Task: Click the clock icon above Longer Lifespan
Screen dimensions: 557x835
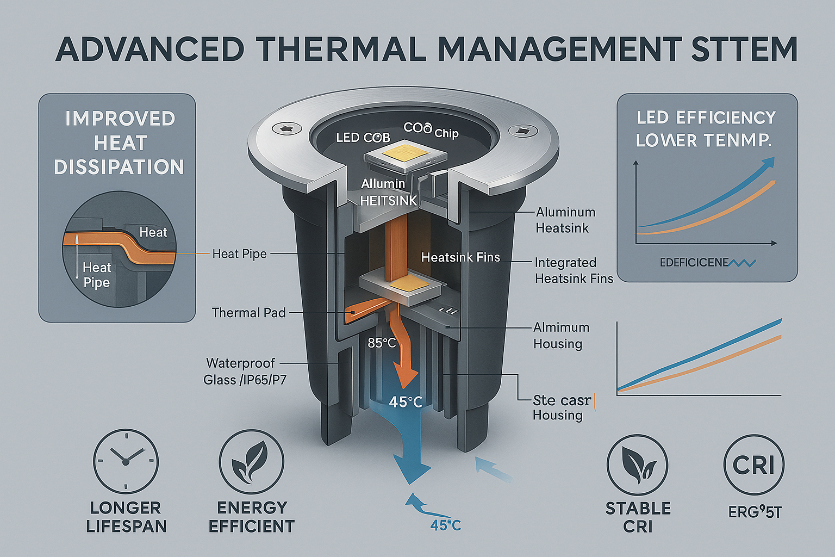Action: [126, 461]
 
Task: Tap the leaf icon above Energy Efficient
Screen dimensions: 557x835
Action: [251, 462]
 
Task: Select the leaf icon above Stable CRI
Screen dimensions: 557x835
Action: [638, 465]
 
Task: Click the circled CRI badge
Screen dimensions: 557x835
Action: [753, 465]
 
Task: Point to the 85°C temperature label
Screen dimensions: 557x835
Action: [382, 343]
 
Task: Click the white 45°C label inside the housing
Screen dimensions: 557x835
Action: [406, 402]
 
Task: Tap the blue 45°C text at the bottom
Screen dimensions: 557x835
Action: [445, 525]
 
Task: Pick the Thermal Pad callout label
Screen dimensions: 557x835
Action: [248, 313]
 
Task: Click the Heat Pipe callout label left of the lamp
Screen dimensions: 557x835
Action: [239, 254]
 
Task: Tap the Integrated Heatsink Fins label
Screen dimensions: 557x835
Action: [574, 271]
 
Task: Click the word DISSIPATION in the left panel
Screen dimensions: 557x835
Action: [119, 168]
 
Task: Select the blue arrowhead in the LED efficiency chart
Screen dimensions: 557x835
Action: [768, 162]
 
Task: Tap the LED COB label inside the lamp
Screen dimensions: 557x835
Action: [363, 138]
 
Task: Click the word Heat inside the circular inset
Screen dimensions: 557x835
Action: [153, 232]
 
